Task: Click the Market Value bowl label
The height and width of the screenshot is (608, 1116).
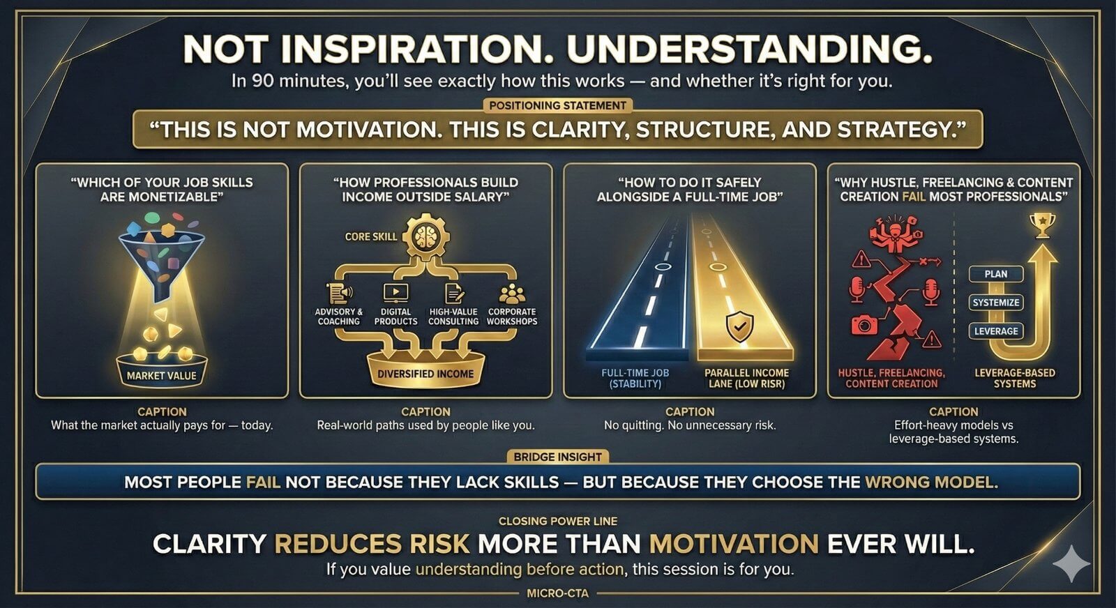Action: point(161,375)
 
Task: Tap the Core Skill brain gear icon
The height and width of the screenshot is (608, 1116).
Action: point(425,236)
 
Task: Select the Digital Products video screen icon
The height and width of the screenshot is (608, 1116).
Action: point(395,293)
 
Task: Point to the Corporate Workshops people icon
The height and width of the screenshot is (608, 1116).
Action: point(512,294)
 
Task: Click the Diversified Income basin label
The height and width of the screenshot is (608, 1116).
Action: point(425,374)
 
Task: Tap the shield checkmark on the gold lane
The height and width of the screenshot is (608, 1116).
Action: point(739,326)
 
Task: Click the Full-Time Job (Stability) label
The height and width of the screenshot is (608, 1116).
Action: point(635,378)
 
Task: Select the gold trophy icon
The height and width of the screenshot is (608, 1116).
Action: point(1042,225)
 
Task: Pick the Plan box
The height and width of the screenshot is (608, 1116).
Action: point(996,274)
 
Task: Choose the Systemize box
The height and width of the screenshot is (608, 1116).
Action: point(996,303)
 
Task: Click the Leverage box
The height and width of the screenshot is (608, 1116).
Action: point(996,331)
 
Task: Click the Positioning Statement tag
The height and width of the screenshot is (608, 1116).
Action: point(557,105)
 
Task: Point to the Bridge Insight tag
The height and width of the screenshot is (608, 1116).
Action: point(557,457)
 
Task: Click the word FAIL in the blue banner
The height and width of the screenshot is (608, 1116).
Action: point(263,482)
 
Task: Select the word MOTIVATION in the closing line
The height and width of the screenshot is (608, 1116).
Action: point(734,543)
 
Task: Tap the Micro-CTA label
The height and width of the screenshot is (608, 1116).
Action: point(557,593)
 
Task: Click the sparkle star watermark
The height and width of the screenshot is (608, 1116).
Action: point(1071,563)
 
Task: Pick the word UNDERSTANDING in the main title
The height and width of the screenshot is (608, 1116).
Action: point(749,50)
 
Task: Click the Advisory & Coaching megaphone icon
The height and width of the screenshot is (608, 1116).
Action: point(339,293)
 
